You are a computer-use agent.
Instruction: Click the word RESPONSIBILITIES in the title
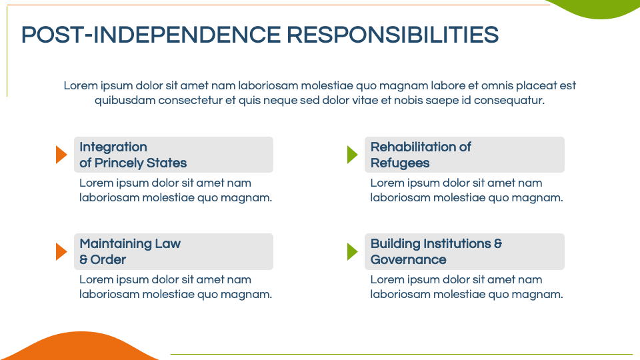tap(392, 35)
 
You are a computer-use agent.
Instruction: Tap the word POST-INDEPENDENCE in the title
tap(151, 35)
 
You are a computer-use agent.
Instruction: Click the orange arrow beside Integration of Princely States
tap(61, 155)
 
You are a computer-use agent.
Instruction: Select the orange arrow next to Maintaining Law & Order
tap(61, 251)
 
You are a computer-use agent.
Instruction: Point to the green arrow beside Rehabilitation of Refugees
tap(353, 155)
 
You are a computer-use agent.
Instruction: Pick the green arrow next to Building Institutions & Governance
tap(353, 251)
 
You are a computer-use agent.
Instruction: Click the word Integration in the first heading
tap(113, 147)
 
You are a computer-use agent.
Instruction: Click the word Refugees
tap(400, 163)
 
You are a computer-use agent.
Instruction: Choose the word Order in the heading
tap(108, 259)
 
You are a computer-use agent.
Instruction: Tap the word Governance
tap(408, 259)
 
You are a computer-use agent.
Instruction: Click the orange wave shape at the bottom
tap(79, 347)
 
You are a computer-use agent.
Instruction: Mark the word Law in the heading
tap(168, 244)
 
